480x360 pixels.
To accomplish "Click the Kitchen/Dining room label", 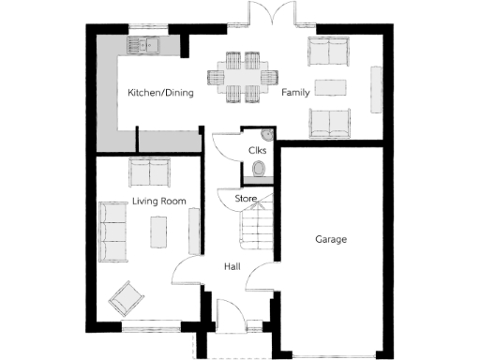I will [160, 93].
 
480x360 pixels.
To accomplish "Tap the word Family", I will [296, 93].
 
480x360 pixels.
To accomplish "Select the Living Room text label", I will [158, 202].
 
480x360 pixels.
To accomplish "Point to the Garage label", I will [330, 240].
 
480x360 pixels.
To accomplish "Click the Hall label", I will [233, 266].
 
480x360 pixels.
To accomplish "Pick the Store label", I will [246, 199].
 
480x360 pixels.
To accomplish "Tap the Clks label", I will [256, 150].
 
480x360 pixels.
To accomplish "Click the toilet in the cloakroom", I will [260, 169].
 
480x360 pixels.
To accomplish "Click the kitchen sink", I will [147, 42].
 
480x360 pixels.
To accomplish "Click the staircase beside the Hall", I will [255, 228].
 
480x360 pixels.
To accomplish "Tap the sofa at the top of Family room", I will [329, 51].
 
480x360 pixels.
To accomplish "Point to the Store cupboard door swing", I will [230, 200].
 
